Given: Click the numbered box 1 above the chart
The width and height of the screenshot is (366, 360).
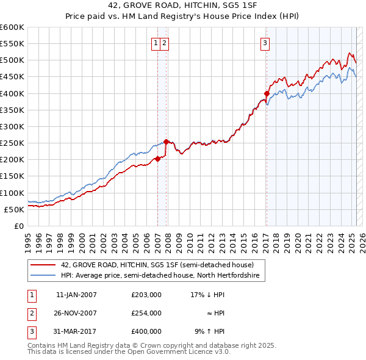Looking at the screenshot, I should click(156, 43).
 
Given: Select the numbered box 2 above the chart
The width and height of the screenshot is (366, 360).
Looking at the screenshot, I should click(165, 43).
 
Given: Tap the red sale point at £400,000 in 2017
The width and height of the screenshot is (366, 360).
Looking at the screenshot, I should click(267, 93).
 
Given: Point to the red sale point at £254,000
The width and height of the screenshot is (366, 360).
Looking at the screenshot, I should click(167, 142).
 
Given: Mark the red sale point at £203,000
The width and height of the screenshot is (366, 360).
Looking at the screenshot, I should click(157, 159).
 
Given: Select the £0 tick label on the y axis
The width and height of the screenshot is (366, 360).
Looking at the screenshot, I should click(19, 226).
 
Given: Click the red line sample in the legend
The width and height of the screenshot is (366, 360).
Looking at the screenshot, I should click(43, 265).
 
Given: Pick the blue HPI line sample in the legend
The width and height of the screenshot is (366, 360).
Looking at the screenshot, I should click(43, 276).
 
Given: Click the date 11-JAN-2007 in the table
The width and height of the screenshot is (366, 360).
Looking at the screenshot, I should click(76, 295).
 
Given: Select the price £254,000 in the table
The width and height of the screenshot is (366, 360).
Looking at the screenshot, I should click(146, 313).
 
